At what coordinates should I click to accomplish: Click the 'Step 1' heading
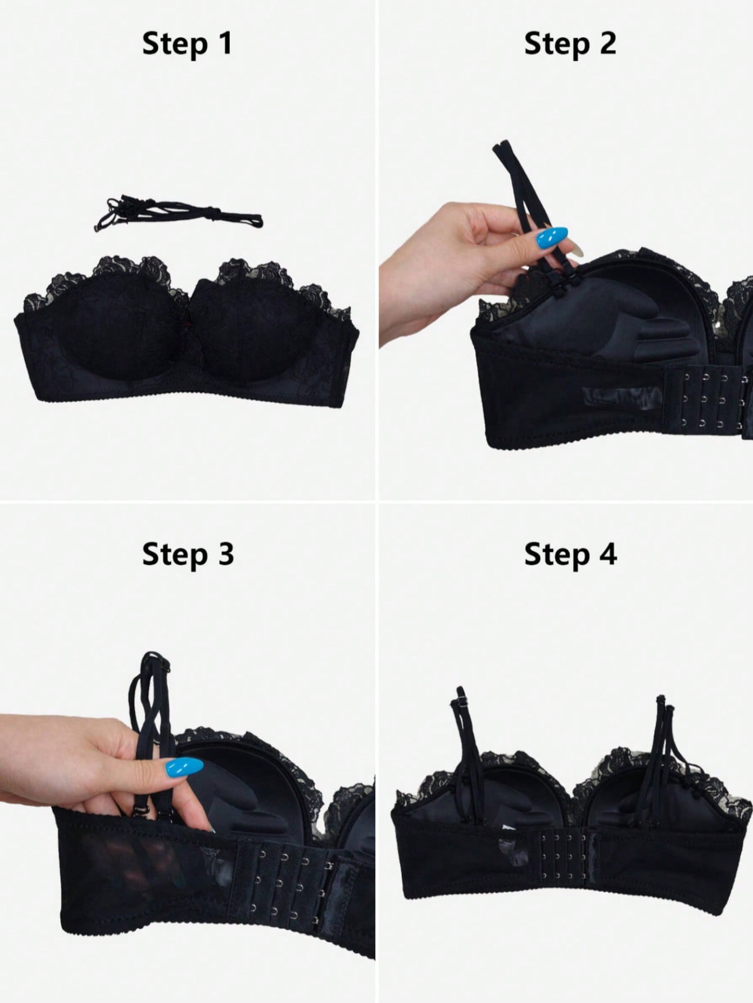[x=187, y=44]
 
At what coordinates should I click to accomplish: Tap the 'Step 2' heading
[x=570, y=44]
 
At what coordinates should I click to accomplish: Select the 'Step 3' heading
[x=188, y=555]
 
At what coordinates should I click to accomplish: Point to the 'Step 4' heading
[x=570, y=555]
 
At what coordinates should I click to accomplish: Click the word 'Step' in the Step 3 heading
[x=173, y=555]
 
